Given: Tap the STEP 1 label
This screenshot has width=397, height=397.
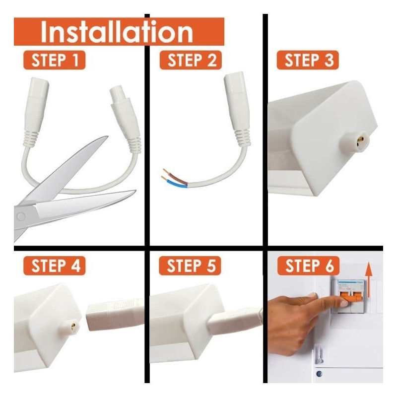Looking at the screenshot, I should (54, 61).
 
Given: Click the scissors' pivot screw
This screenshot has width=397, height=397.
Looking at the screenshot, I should (20, 216).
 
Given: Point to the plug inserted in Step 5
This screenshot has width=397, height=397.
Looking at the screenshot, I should (233, 320).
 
